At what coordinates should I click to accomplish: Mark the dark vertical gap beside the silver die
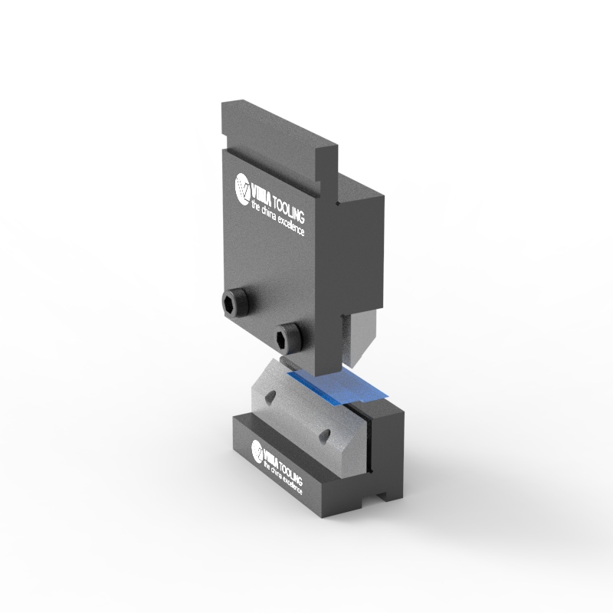(366, 444)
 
